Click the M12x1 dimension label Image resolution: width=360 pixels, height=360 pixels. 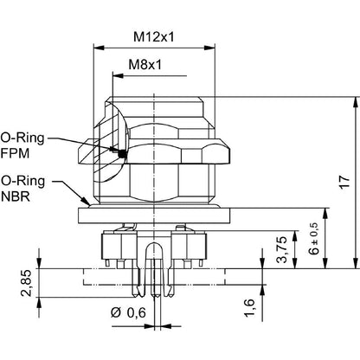click(154, 36)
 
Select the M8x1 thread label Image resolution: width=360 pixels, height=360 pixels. click(145, 65)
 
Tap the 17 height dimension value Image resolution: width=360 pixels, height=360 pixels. click(344, 182)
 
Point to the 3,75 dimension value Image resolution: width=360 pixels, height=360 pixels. click(282, 249)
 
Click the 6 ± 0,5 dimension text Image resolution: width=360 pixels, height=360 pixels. click(314, 239)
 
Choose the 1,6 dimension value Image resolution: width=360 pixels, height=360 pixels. click(250, 308)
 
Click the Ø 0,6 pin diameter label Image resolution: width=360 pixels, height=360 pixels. click(128, 312)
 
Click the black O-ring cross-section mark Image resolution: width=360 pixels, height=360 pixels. click(123, 154)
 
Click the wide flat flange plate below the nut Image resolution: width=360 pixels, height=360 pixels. click(154, 215)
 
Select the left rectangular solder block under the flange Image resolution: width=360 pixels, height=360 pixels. click(119, 246)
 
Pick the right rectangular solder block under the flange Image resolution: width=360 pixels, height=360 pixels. click(190, 246)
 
